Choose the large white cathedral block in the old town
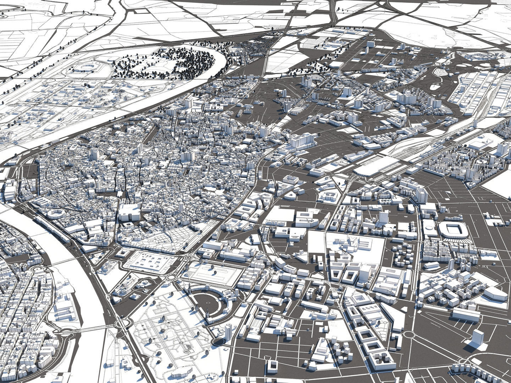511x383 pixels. (x=129, y=212)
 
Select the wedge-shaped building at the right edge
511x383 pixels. (x=495, y=293)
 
